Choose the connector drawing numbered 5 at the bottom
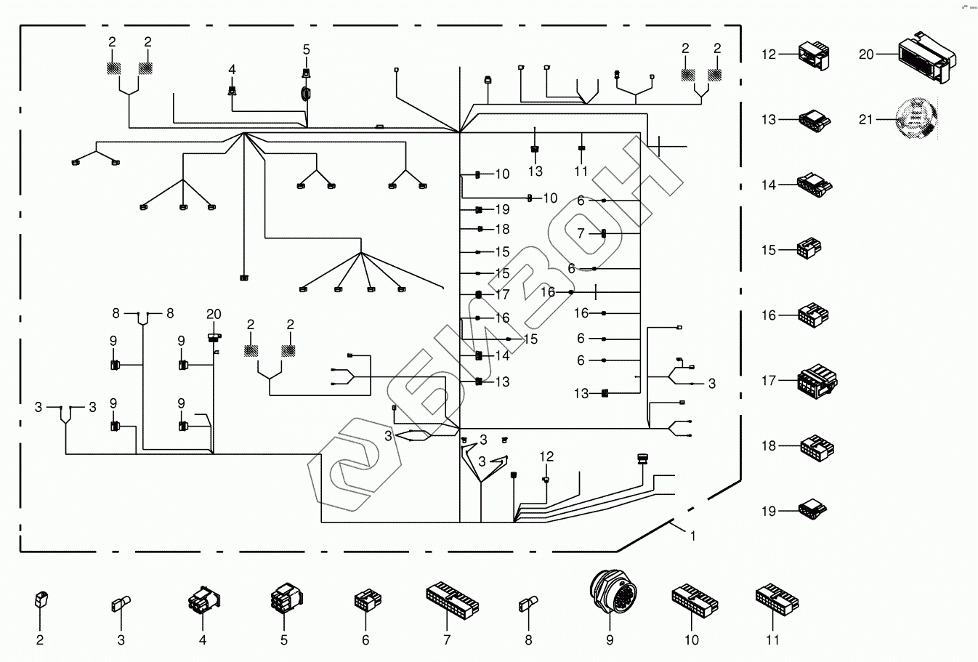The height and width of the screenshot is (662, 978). pyautogui.click(x=283, y=600)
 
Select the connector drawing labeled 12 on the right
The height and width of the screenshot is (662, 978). pyautogui.click(x=813, y=55)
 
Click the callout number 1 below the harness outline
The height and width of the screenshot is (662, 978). pyautogui.click(x=693, y=536)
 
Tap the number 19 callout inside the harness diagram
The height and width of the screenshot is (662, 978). pyautogui.click(x=502, y=210)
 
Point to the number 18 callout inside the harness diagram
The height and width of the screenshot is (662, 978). pyautogui.click(x=502, y=230)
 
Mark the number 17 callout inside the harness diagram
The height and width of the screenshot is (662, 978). pyautogui.click(x=502, y=295)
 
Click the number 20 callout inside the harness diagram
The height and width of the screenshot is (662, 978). pyautogui.click(x=213, y=314)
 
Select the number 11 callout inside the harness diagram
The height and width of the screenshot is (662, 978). pyautogui.click(x=581, y=171)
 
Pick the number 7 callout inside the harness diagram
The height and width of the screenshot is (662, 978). pyautogui.click(x=581, y=234)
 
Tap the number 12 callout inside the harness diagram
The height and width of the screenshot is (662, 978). pyautogui.click(x=546, y=456)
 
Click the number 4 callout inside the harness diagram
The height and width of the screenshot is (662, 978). pyautogui.click(x=232, y=70)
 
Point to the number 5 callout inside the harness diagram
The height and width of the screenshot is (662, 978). pyautogui.click(x=306, y=49)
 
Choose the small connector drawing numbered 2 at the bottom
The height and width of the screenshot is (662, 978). pyautogui.click(x=41, y=601)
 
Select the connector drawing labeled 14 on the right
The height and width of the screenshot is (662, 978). pyautogui.click(x=815, y=185)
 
